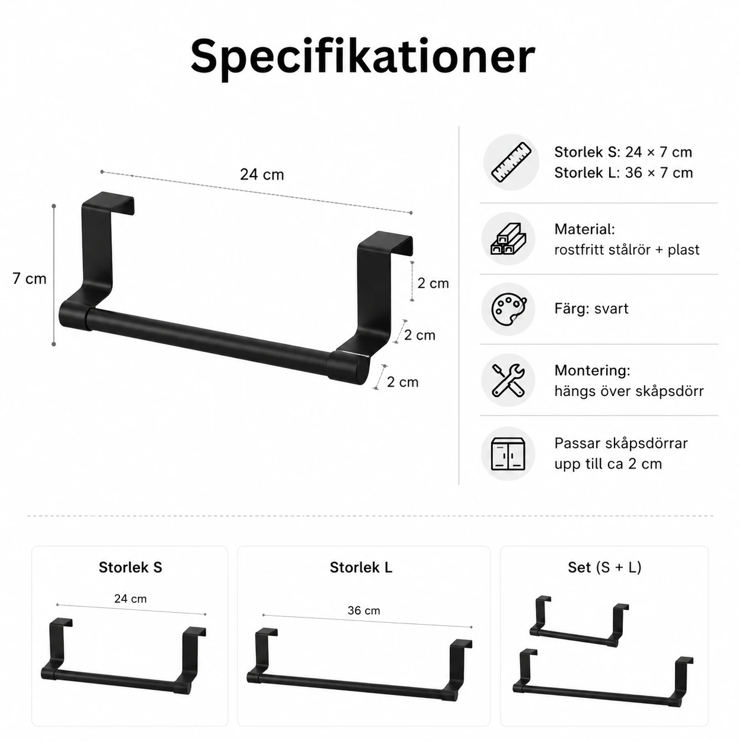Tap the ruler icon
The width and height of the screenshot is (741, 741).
[x=511, y=162]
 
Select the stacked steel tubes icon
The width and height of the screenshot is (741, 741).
[x=508, y=238]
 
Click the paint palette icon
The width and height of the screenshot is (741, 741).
[x=508, y=309]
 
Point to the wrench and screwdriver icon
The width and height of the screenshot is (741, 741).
[x=508, y=381]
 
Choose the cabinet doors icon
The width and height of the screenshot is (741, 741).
[x=508, y=454]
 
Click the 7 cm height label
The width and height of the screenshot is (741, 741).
[x=29, y=278]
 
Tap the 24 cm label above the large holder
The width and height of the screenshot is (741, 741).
[x=262, y=174]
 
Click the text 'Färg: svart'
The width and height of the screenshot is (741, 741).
[x=591, y=308]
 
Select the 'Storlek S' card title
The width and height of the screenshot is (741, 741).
[x=131, y=567]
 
